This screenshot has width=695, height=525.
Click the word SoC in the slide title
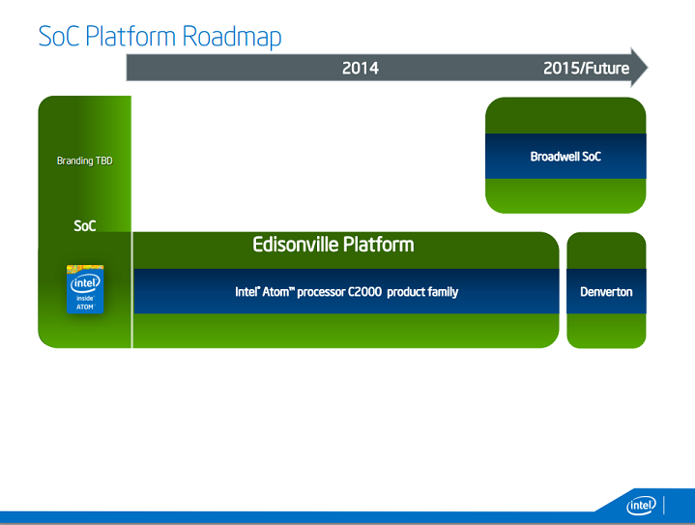(58, 37)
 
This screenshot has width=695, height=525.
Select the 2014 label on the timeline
(360, 68)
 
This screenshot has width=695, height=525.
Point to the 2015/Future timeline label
(586, 68)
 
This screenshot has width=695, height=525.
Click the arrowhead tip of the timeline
(645, 68)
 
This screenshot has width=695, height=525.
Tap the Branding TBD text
(84, 160)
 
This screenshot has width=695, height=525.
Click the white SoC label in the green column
(85, 226)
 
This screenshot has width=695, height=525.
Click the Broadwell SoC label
(565, 156)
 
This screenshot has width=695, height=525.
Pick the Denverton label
(606, 291)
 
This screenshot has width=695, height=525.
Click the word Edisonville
(294, 245)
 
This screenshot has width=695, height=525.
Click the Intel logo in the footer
(641, 506)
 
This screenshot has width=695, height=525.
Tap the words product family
(422, 292)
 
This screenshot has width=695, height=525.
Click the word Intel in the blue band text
(246, 292)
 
